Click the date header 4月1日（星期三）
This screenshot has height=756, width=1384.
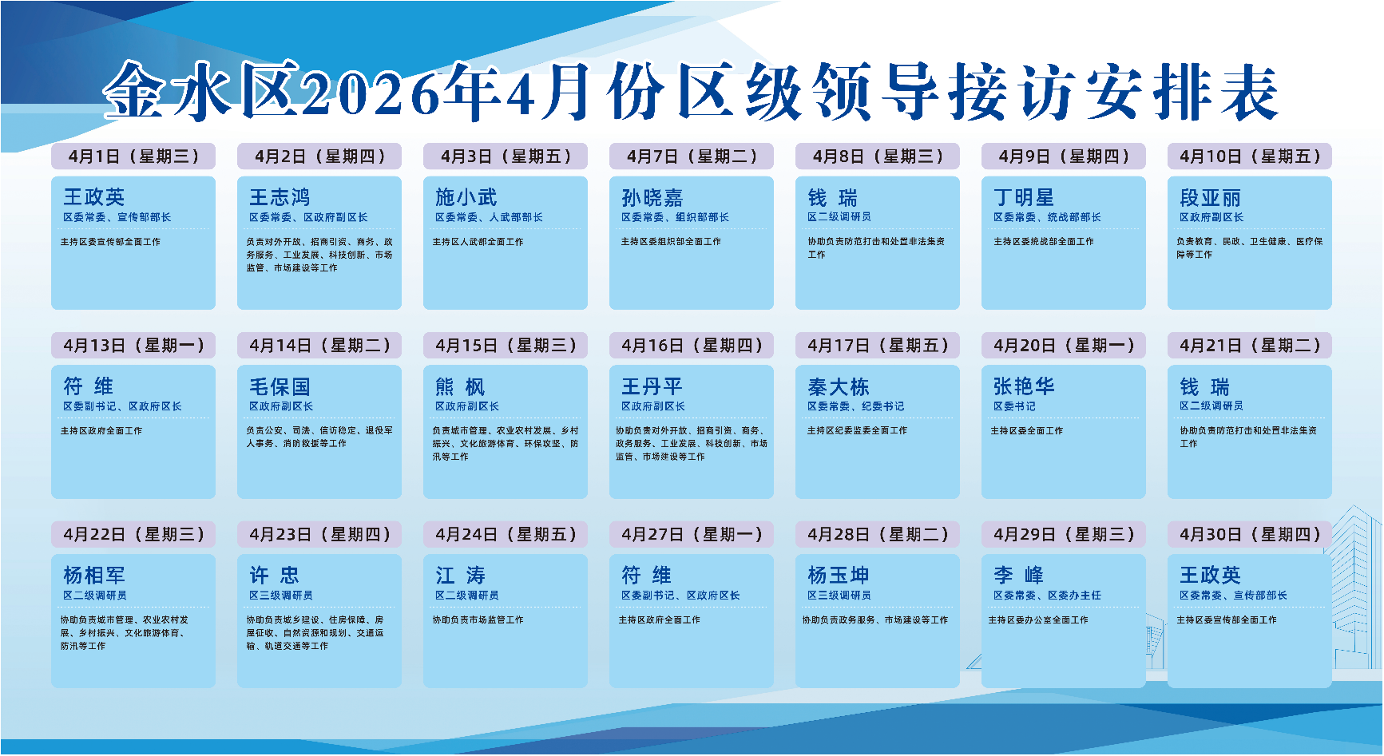(133, 156)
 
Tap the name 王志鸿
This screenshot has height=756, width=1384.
(280, 197)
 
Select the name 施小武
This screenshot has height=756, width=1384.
(466, 197)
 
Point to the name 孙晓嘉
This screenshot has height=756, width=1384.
(652, 197)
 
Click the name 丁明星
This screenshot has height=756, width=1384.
(1024, 197)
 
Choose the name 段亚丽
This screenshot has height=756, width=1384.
(1210, 197)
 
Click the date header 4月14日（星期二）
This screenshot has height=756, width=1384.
(319, 346)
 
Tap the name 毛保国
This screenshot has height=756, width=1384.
(280, 386)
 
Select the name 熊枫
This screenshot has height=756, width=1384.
(460, 386)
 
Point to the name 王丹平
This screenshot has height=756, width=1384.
(652, 386)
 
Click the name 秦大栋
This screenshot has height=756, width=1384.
(838, 386)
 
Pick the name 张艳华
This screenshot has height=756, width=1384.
(1024, 386)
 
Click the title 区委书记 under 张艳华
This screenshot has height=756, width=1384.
(1014, 406)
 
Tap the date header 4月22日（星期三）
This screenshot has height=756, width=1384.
(133, 535)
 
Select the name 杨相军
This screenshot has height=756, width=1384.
(94, 576)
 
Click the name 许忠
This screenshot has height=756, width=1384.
(274, 576)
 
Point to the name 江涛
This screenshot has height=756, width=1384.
(460, 576)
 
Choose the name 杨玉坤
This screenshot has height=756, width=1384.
(838, 576)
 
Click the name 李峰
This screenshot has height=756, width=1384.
(1018, 576)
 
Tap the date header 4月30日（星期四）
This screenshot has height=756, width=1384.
(1250, 535)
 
